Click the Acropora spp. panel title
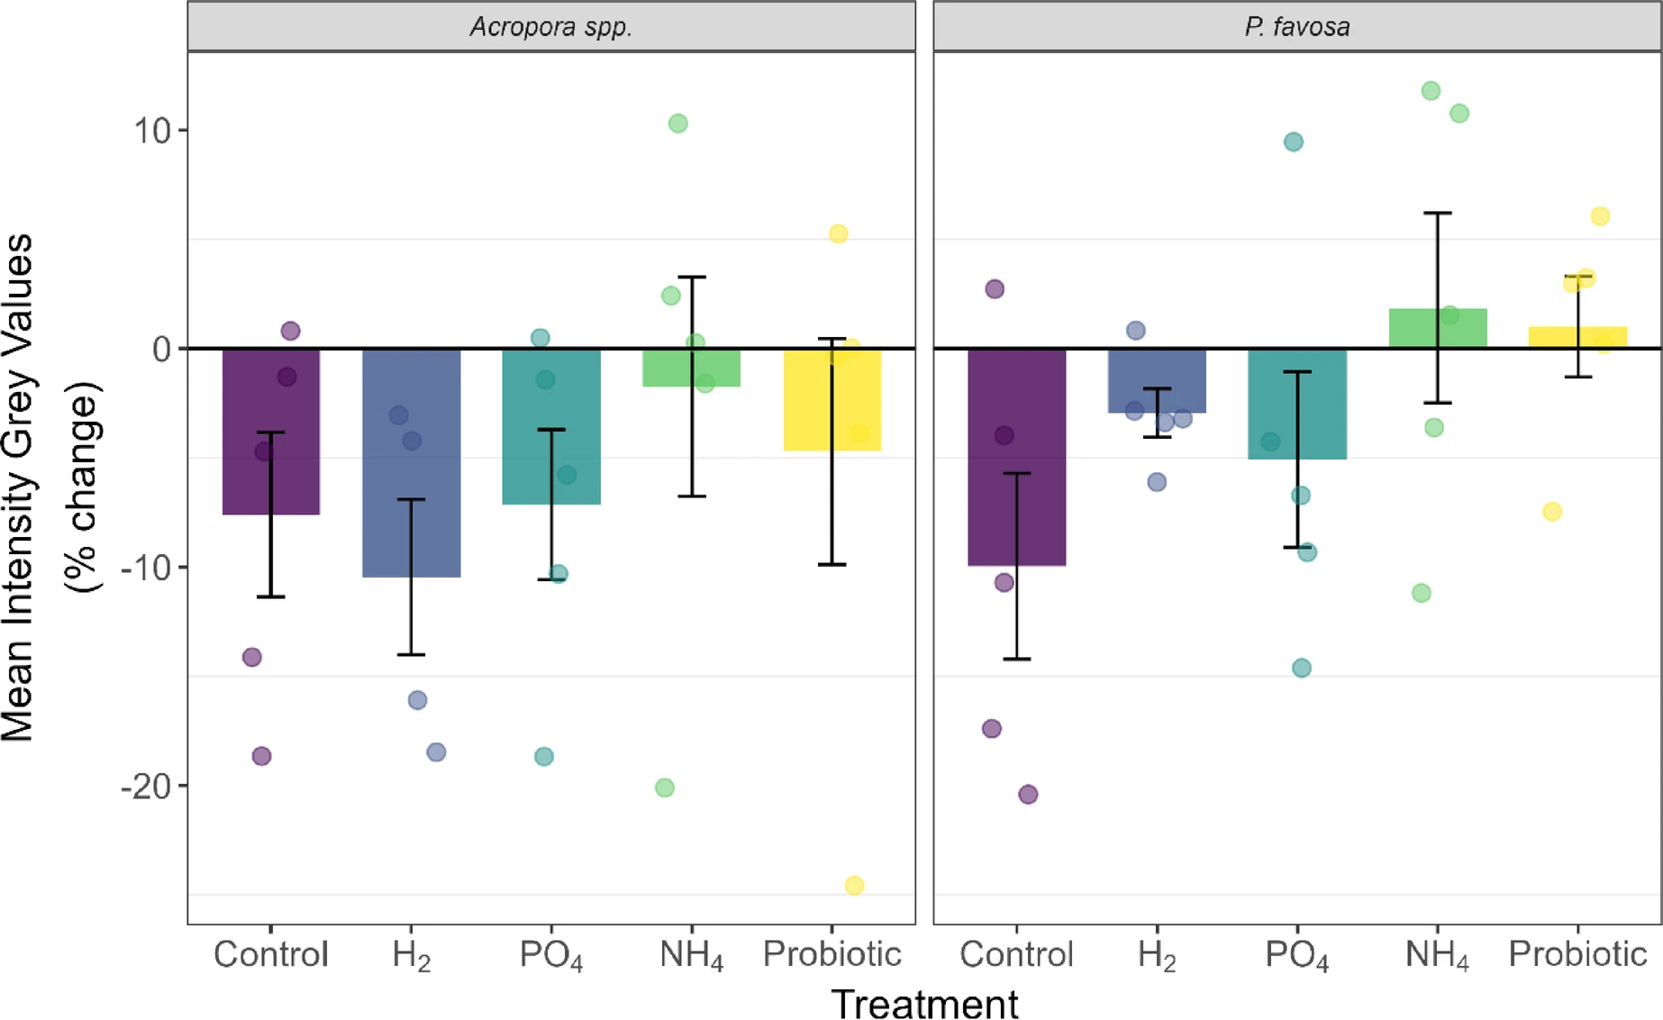tap(550, 27)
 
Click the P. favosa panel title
tap(1296, 27)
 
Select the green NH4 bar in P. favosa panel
tap(1438, 328)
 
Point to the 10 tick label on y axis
tap(152, 132)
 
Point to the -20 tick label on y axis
tap(145, 787)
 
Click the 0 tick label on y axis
tap(162, 350)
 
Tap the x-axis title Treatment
tap(924, 1003)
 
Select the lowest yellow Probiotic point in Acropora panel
tap(854, 886)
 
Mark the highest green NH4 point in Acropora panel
tap(678, 123)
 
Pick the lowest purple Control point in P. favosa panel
tap(1028, 795)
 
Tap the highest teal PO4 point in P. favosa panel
tap(1293, 141)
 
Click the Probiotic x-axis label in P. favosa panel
tap(1577, 954)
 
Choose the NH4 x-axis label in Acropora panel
tap(691, 955)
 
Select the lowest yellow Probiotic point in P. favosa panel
tap(1552, 512)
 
